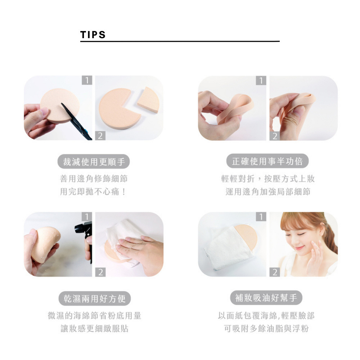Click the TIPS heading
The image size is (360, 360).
pyautogui.click(x=93, y=35)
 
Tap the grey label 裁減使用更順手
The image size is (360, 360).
pyautogui.click(x=94, y=162)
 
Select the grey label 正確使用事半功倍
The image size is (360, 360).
pyautogui.click(x=267, y=161)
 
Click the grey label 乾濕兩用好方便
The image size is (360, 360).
pyautogui.click(x=95, y=298)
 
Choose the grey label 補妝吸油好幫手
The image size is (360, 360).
pyautogui.click(x=266, y=298)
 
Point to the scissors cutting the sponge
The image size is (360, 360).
pyautogui.click(x=76, y=121)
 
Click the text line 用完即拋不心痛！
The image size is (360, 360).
pyautogui.click(x=93, y=192)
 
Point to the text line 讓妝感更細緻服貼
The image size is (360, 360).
pyautogui.click(x=94, y=328)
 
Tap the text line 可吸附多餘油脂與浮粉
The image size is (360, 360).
pyautogui.click(x=266, y=328)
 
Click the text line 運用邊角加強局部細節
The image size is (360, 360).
pyautogui.click(x=268, y=192)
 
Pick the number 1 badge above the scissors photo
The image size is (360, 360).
pyautogui.click(x=87, y=80)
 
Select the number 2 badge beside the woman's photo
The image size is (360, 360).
pyautogui.click(x=275, y=272)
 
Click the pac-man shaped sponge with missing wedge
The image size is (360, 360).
pyautogui.click(x=118, y=108)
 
